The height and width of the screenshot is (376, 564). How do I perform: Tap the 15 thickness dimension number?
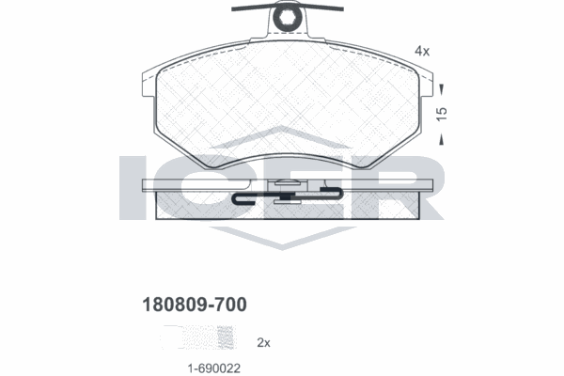pos(441,113)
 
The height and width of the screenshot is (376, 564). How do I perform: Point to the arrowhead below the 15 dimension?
pos(441,139)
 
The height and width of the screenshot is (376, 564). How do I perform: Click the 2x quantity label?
pos(264,344)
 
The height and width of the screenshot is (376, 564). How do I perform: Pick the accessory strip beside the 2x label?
pos(198,337)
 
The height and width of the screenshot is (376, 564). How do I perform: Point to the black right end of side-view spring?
pos(330,193)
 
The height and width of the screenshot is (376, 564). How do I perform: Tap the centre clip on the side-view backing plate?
pos(286,193)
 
